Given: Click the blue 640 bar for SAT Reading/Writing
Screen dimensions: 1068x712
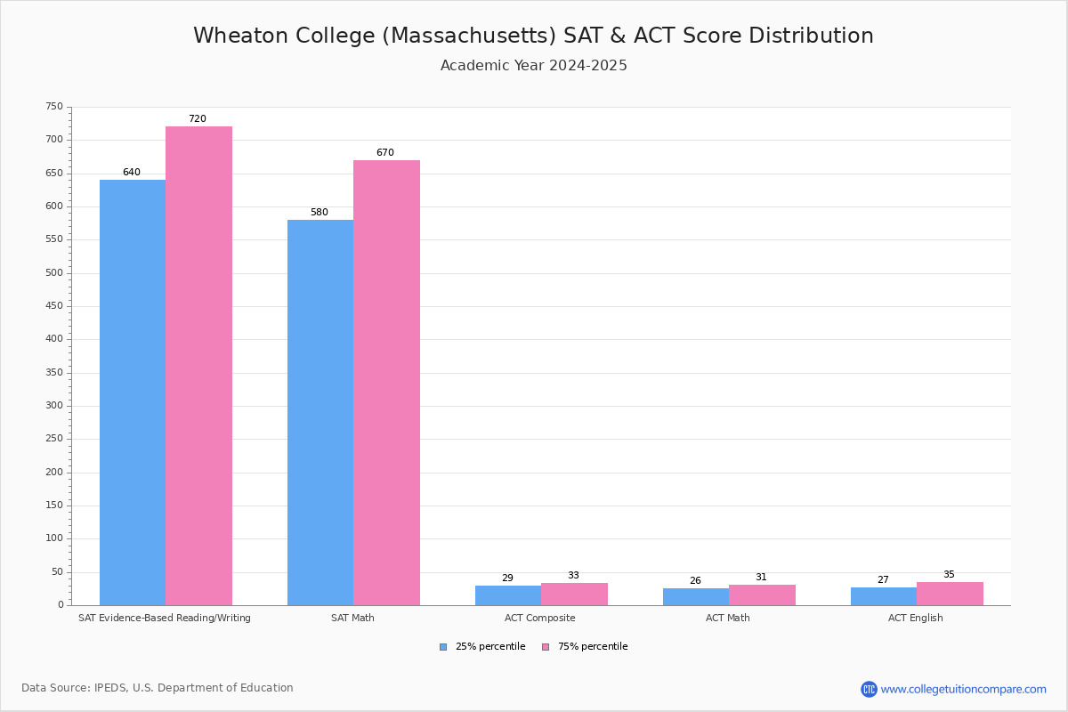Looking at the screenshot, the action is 133,392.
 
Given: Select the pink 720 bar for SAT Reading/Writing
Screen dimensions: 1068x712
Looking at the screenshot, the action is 198,366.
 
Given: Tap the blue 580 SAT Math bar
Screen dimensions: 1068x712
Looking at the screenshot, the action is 320,412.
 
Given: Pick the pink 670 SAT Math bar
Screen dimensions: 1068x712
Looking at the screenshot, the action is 386,383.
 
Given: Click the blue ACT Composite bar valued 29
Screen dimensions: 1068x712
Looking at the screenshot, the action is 508,595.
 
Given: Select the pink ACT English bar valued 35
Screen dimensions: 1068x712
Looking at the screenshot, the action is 950,594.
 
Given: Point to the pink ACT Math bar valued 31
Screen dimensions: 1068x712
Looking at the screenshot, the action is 762,595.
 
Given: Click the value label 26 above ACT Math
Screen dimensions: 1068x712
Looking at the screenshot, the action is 695,580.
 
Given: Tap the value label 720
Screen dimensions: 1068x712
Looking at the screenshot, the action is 198,118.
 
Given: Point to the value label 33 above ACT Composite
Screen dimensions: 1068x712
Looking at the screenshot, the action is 573,575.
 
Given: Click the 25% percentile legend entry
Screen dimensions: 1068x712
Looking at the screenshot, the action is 482,646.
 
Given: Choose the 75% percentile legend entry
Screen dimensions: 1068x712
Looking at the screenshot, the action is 585,646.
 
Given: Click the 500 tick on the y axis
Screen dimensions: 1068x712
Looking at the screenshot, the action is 54,272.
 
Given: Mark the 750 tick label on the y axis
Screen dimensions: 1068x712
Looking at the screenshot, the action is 54,106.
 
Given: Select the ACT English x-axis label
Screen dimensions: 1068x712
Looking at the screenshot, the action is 916,618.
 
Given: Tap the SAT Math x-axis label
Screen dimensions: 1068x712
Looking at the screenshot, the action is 352,618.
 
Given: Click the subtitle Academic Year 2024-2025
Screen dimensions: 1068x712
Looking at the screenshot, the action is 533,65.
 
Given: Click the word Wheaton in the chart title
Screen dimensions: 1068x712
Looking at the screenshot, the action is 241,36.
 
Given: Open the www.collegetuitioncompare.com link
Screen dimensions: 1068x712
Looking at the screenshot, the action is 963,689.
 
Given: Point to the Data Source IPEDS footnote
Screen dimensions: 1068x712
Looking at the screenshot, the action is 158,688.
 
